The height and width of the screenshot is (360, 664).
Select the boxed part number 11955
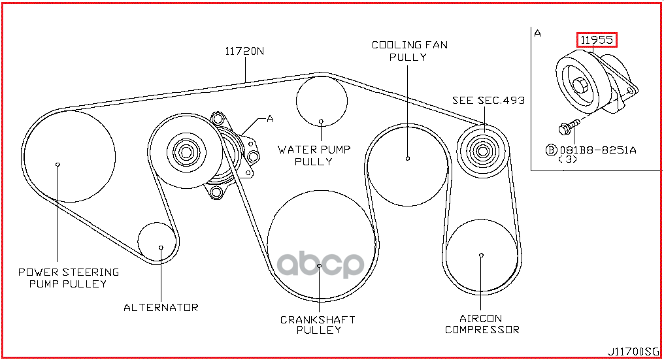click(x=597, y=40)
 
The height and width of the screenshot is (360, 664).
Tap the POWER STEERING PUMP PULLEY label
click(x=68, y=278)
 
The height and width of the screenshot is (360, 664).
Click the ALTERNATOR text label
click(x=161, y=306)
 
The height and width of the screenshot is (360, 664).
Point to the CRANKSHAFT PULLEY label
click(x=318, y=325)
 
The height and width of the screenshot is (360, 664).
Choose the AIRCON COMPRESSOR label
click(x=482, y=323)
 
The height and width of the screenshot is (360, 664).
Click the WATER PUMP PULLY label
click(x=314, y=155)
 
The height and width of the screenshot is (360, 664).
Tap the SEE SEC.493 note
click(x=488, y=101)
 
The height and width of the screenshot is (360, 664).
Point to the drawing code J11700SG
click(x=633, y=352)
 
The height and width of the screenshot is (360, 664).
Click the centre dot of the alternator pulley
click(x=161, y=247)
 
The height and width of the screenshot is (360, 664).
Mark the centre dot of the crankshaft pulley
click(x=319, y=266)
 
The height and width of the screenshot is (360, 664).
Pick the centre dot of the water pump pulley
click(x=322, y=121)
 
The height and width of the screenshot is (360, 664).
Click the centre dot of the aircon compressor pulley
click(x=481, y=255)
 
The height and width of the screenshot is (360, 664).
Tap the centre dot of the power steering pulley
click(x=58, y=164)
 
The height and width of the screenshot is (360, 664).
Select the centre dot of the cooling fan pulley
click(x=407, y=158)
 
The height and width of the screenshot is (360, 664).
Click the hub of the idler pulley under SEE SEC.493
click(x=482, y=152)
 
